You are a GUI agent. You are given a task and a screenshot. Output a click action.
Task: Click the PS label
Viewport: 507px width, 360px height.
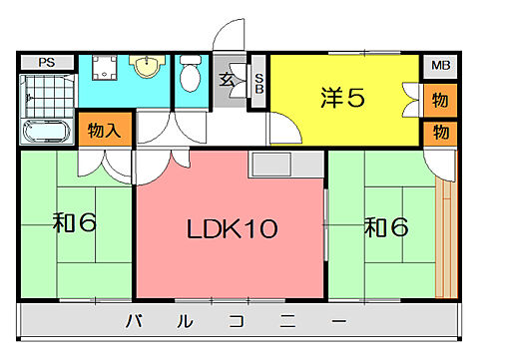[45, 62]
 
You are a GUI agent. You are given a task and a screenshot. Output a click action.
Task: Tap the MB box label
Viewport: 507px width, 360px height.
[439, 67]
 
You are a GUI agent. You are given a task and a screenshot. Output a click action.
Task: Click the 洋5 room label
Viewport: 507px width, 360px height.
[341, 98]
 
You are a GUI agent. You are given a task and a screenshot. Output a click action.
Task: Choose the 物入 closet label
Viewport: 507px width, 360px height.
[104, 131]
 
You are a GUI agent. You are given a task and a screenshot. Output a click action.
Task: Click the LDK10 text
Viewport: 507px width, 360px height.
[232, 229]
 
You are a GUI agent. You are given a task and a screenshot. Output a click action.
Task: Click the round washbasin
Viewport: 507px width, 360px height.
[147, 68]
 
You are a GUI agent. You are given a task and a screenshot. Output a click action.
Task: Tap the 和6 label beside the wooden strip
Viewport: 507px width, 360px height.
[385, 227]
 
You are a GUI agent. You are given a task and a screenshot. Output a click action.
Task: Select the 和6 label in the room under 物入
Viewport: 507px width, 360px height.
[74, 221]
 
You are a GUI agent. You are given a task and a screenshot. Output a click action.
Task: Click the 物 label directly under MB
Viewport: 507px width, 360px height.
[439, 101]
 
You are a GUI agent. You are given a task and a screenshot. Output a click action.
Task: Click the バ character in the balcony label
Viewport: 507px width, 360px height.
[132, 321]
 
